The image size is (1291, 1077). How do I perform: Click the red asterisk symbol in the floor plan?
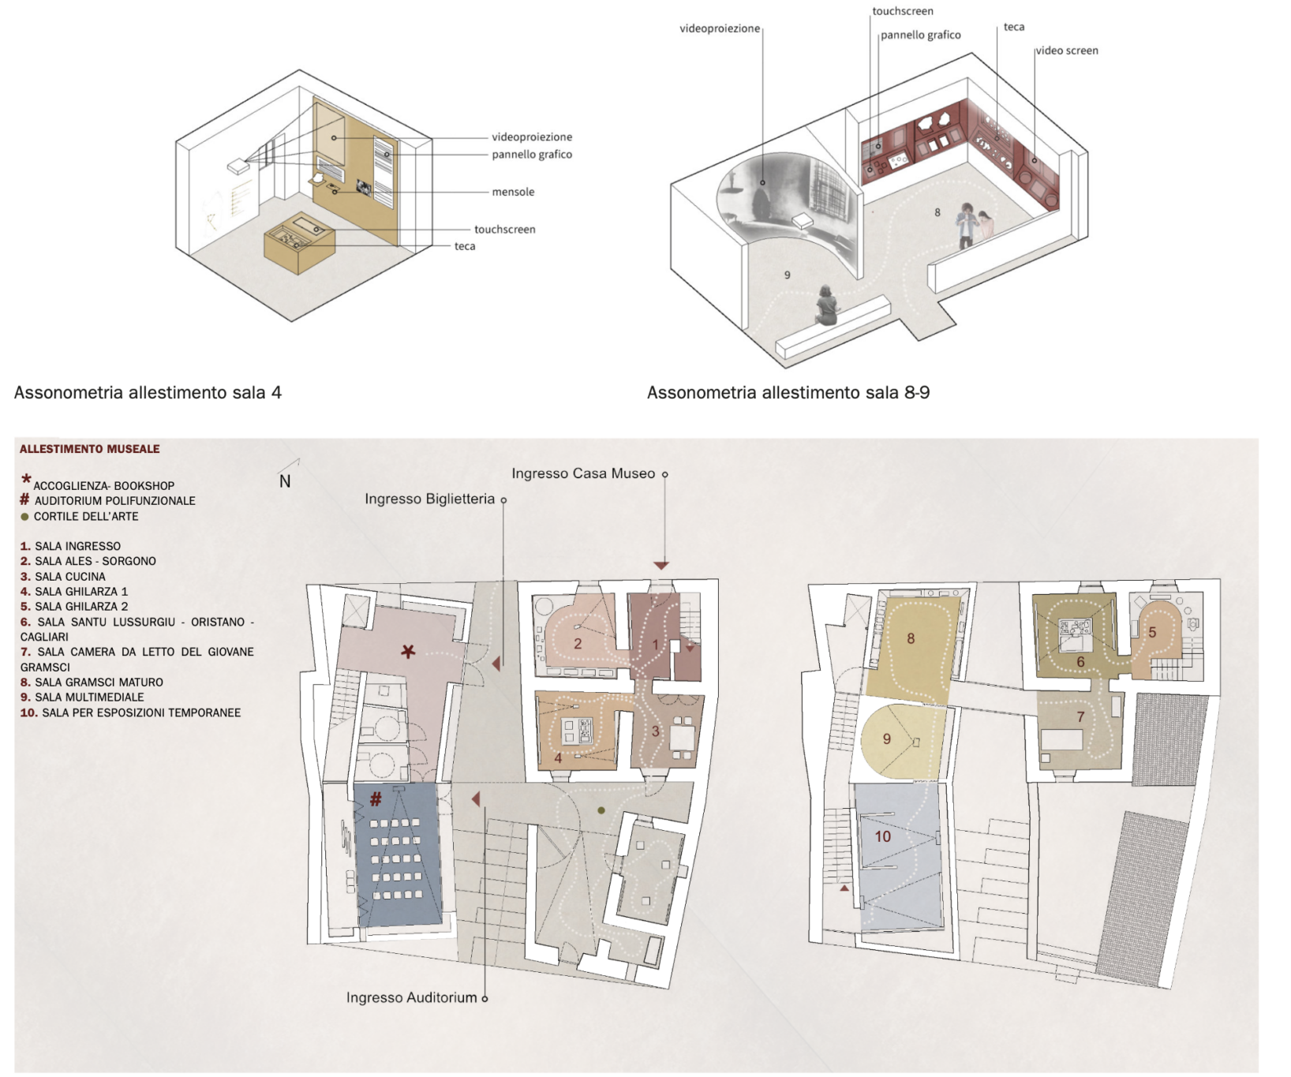(408, 652)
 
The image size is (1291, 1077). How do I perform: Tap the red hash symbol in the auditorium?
(376, 799)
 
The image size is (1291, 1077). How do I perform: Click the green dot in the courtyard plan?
(601, 810)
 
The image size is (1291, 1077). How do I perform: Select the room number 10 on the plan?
(882, 836)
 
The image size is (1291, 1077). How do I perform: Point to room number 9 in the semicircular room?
(887, 739)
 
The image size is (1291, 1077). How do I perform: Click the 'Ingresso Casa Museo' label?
(583, 473)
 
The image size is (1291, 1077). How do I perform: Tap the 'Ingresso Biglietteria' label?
(429, 499)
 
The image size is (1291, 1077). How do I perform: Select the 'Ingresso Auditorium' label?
(411, 997)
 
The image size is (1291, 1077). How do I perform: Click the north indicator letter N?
(285, 481)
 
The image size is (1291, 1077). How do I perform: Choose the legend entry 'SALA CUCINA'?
(70, 577)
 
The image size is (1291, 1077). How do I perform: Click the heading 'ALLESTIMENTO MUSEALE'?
(90, 449)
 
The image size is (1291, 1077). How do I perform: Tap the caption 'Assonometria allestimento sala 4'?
(148, 393)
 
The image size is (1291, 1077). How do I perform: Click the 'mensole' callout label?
(513, 192)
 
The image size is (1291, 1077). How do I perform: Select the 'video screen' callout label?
(1067, 50)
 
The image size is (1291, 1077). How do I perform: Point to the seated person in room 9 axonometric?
(826, 305)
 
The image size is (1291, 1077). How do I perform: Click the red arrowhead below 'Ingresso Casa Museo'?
(661, 566)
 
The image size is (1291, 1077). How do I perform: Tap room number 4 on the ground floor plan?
(558, 758)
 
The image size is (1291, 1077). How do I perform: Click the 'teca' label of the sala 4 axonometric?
(465, 246)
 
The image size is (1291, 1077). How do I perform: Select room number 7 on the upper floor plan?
(1080, 717)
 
